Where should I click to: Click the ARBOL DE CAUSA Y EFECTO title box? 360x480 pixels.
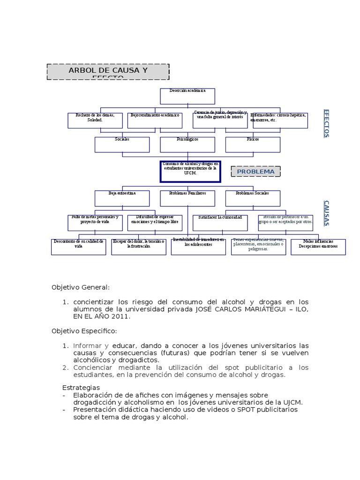108,72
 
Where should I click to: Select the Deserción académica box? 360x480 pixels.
187,96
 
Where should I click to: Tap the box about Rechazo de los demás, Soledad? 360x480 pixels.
95,120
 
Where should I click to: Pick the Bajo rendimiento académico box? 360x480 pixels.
155,120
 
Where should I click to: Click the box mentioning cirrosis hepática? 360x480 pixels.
280,120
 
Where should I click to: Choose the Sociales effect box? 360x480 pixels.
122,144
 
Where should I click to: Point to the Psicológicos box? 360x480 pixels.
187,144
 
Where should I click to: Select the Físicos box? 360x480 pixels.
253,144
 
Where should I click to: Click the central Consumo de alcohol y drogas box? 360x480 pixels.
190,172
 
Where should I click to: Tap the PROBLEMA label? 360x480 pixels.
255,172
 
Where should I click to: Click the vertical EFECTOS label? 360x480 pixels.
326,123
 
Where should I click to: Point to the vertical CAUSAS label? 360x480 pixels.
326,213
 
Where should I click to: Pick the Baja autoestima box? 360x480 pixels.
122,198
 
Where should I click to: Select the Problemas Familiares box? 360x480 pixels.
187,198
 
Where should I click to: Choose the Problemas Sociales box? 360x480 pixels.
253,198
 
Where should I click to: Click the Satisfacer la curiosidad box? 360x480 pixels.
220,223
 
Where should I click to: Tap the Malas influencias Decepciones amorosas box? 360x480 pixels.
318,247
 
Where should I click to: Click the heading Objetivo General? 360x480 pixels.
81,287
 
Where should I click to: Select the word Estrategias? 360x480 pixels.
81,388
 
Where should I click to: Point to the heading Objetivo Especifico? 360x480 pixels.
84,331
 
